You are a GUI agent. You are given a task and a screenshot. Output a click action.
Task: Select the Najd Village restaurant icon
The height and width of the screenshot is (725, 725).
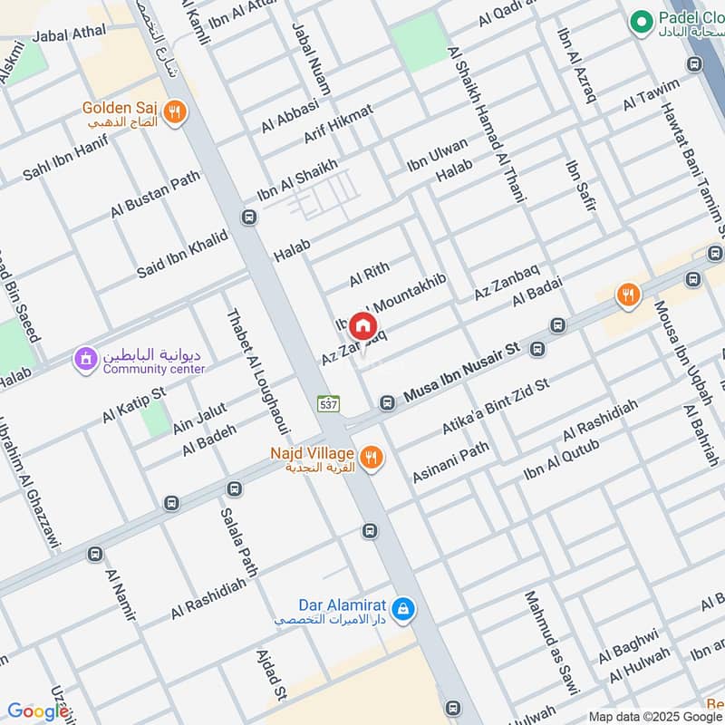[370, 459]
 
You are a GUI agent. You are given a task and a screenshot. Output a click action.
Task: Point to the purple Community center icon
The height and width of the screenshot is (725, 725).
[85, 360]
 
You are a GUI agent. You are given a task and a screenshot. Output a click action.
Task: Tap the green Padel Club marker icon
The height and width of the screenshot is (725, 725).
[642, 20]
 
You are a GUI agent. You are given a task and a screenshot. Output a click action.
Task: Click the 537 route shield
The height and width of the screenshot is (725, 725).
[328, 404]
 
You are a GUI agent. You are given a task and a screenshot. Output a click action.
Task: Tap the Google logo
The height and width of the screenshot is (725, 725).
[38, 711]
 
